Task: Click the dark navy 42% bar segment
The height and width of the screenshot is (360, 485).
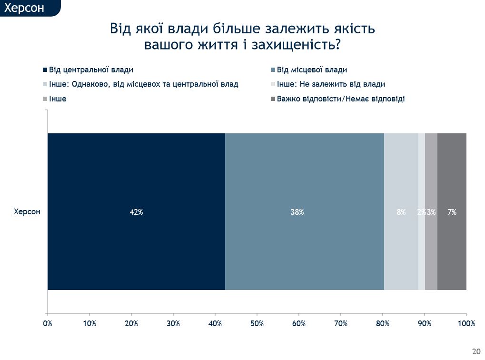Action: point(136,211)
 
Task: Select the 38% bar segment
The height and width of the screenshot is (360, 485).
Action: point(304,211)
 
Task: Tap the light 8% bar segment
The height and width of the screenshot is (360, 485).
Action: point(401,211)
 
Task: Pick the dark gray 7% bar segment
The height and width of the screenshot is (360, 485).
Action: point(452,211)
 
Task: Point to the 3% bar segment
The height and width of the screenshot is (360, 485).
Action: point(431,211)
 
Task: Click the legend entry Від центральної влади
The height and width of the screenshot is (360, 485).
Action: point(91,70)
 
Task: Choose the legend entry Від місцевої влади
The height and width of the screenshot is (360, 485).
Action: point(312,70)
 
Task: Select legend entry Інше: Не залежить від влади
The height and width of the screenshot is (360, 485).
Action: point(331,84)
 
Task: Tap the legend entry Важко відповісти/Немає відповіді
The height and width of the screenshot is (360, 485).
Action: point(341,99)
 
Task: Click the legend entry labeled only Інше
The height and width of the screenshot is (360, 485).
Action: point(58,99)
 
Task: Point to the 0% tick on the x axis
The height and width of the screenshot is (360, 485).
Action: point(48,324)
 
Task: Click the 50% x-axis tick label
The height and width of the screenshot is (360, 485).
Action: point(257,324)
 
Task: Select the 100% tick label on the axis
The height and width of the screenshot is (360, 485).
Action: point(466,324)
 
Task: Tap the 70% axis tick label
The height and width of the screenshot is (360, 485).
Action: point(341,324)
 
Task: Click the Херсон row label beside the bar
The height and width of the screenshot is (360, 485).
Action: point(27,212)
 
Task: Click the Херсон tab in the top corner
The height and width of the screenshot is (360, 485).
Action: point(24,8)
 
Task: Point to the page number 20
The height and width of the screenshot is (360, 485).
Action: point(476,351)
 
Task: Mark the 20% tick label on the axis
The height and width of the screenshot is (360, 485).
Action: point(131,324)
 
